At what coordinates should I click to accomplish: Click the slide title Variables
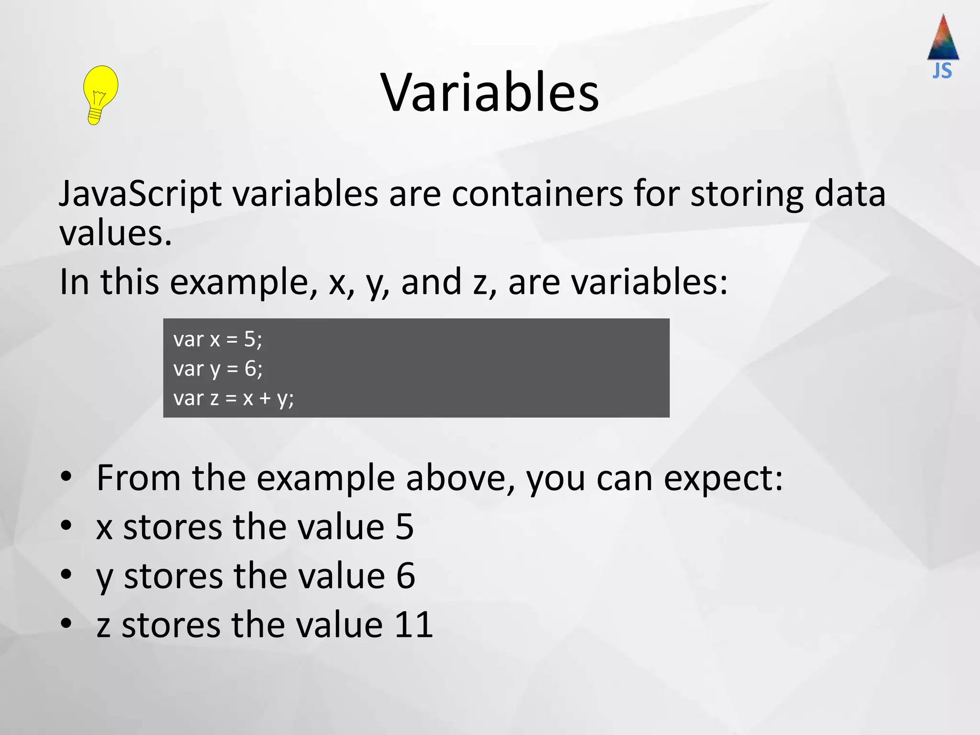pyautogui.click(x=490, y=92)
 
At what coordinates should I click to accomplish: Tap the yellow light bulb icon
pyautogui.click(x=100, y=95)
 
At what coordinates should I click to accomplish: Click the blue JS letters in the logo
pyautogui.click(x=942, y=71)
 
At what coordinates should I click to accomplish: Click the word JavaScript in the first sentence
pyautogui.click(x=140, y=194)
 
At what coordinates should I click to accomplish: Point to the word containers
pyautogui.click(x=537, y=194)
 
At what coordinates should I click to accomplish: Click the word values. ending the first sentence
pyautogui.click(x=115, y=234)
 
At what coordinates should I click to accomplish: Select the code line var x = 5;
pyautogui.click(x=218, y=339)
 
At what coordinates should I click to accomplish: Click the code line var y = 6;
pyautogui.click(x=218, y=369)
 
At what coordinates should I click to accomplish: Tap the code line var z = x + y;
pyautogui.click(x=234, y=398)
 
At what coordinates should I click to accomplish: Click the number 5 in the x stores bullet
pyautogui.click(x=404, y=527)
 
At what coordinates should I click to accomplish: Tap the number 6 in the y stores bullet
pyautogui.click(x=405, y=576)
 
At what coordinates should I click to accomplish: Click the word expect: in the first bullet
pyautogui.click(x=723, y=479)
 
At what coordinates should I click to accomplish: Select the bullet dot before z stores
pyautogui.click(x=66, y=624)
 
